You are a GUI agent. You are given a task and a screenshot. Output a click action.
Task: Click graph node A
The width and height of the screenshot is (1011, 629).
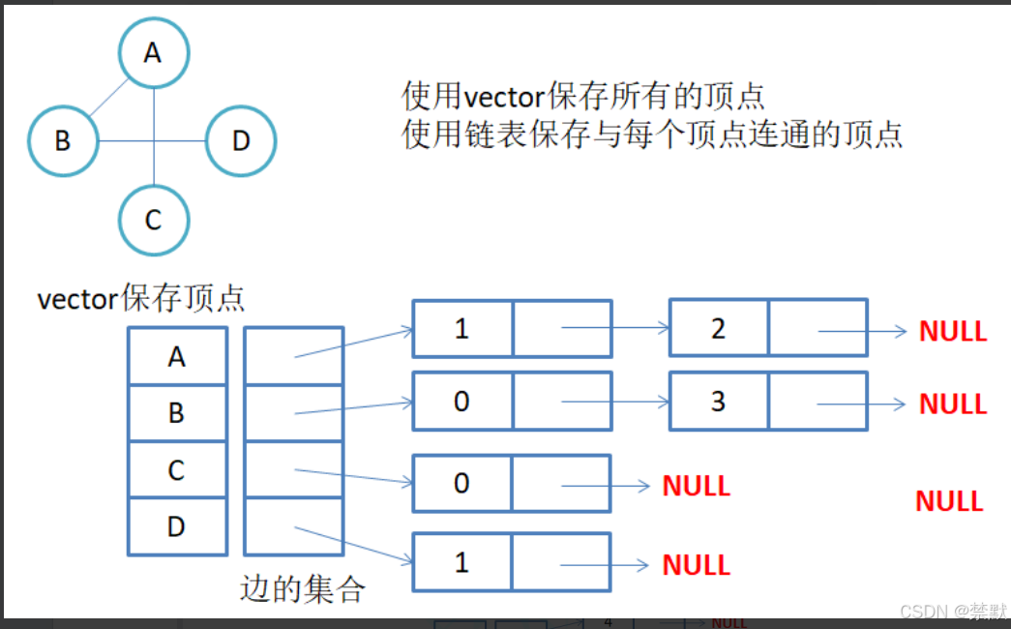[x=154, y=53]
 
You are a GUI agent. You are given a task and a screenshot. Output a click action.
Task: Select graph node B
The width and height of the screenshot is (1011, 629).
[x=63, y=141]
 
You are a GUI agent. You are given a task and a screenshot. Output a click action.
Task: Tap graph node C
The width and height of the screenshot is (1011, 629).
[x=154, y=221]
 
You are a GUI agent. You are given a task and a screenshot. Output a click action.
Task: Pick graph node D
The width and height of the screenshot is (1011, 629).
[x=241, y=141]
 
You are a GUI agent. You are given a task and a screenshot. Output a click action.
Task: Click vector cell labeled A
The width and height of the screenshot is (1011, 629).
[x=177, y=357]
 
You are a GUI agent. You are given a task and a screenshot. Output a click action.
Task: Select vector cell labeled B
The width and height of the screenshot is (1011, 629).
[x=177, y=413]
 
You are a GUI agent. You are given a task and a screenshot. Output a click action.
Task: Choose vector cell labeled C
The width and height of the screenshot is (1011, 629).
[x=177, y=470]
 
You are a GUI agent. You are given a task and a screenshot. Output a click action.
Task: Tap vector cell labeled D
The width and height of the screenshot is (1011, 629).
[x=177, y=527]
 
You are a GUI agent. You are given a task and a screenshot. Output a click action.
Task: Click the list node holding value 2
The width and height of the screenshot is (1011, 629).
[x=718, y=329]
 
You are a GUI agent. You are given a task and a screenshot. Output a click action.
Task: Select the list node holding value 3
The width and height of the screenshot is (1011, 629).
[x=718, y=402]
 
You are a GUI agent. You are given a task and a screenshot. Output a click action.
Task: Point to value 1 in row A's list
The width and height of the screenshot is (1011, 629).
[x=462, y=329]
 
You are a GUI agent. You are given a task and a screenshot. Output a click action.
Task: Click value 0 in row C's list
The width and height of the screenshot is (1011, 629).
[x=462, y=483]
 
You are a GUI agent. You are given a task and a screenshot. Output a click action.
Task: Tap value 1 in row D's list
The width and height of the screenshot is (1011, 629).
[x=462, y=562]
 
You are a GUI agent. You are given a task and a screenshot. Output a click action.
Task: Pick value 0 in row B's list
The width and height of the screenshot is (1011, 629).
[x=462, y=402]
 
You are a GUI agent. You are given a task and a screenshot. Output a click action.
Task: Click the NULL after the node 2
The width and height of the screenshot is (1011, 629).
[x=953, y=331]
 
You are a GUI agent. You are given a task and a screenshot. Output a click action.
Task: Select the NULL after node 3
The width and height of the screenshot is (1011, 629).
[x=953, y=404]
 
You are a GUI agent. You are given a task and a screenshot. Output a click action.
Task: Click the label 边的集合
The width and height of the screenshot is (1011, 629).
[x=302, y=588]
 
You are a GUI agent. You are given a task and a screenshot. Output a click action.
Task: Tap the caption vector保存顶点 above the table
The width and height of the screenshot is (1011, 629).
[x=140, y=298]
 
